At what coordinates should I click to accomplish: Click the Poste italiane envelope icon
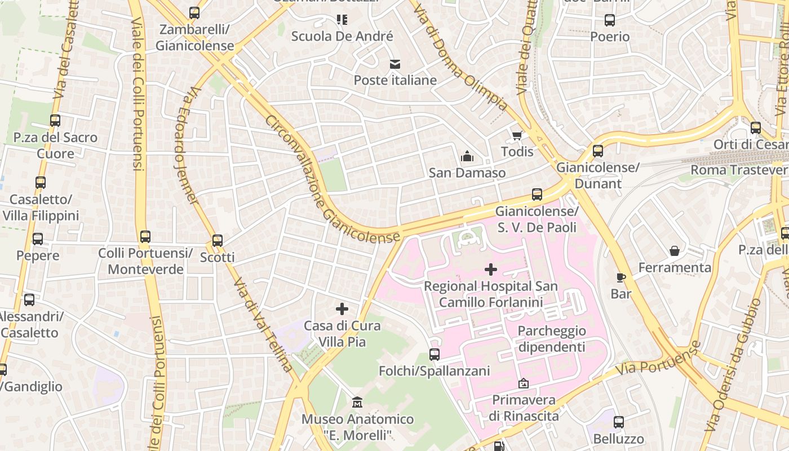(395, 64)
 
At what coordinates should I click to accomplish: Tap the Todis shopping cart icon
(517, 135)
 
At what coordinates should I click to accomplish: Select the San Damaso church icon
(467, 156)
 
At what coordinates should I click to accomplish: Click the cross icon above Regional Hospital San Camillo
(491, 269)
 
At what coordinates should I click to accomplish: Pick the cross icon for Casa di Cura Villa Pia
(342, 309)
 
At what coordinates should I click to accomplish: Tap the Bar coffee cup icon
(621, 277)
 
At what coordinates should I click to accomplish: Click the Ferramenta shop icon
(675, 251)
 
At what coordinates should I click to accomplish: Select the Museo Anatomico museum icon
(357, 403)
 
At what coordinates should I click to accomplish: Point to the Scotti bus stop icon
(218, 241)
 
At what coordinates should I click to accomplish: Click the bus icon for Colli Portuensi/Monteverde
(145, 237)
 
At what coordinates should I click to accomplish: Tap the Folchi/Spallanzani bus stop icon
(434, 355)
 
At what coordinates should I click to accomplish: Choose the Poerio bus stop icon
(610, 20)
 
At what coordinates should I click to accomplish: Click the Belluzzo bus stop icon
(619, 422)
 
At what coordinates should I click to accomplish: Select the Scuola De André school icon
(342, 20)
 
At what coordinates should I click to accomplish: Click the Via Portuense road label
(658, 358)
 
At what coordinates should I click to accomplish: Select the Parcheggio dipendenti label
(552, 339)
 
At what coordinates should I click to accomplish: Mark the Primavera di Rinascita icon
(524, 383)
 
